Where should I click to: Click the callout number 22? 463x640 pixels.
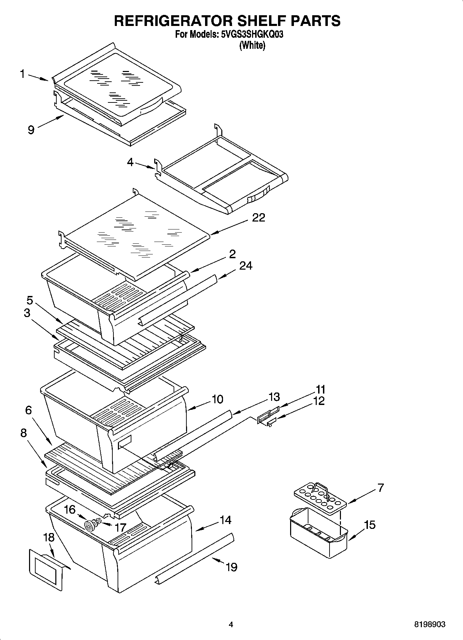pyautogui.click(x=258, y=218)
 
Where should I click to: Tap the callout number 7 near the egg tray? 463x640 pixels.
pyautogui.click(x=380, y=488)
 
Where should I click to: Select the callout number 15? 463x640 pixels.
pyautogui.click(x=370, y=525)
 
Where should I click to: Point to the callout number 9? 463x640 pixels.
pyautogui.click(x=31, y=130)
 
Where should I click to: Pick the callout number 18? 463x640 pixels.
pyautogui.click(x=49, y=538)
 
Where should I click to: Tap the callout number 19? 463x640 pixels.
pyautogui.click(x=231, y=567)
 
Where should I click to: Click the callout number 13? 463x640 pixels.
pyautogui.click(x=274, y=397)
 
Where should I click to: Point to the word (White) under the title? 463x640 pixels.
pyautogui.click(x=252, y=45)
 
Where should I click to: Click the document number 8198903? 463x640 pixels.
pyautogui.click(x=430, y=625)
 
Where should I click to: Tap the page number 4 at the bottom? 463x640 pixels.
pyautogui.click(x=231, y=625)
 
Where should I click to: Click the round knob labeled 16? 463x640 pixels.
pyautogui.click(x=90, y=526)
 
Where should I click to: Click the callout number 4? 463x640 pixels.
pyautogui.click(x=130, y=162)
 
